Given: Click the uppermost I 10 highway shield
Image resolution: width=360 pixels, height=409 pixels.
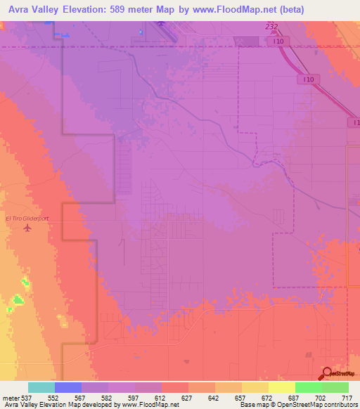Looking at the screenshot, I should click(279, 42).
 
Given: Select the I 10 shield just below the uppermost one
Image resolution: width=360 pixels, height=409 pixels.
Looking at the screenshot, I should click(309, 79).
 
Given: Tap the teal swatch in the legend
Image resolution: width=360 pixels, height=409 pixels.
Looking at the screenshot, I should click(41, 387).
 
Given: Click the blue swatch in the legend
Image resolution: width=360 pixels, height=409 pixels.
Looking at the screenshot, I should click(67, 387).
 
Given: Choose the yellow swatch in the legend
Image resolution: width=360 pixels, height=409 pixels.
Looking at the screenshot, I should click(281, 387).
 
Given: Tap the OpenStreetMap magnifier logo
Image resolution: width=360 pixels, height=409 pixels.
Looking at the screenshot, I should click(326, 373).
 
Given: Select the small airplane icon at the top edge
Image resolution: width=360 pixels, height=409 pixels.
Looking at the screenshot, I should click(162, 25).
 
